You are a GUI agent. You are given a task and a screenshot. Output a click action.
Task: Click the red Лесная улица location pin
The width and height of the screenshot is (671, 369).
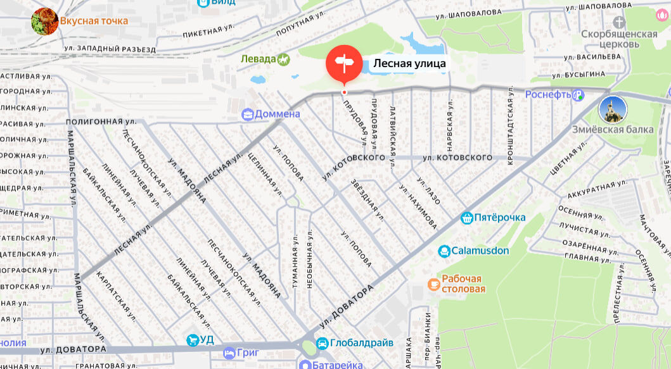tap(344, 64)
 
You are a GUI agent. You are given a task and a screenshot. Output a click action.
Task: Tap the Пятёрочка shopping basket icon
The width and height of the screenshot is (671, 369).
tap(467, 218)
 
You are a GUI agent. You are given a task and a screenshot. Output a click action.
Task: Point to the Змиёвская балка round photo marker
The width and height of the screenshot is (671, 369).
tap(613, 109)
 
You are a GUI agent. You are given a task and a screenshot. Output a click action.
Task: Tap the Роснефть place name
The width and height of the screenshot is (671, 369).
tap(547, 95)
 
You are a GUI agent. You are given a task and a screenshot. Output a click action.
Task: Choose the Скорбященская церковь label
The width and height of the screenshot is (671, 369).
tap(619, 39)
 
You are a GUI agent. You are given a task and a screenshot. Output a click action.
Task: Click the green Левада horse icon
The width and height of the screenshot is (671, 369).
tap(283, 59)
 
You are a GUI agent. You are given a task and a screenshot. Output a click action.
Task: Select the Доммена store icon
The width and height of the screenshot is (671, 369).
tap(247, 115)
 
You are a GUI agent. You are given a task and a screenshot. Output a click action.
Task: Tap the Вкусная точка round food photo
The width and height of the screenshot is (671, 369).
tap(45, 21)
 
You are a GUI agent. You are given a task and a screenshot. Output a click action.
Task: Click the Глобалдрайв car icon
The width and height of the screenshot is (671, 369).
tap(322, 343)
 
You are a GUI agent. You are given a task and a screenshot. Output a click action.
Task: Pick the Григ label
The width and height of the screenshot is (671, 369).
tap(245, 352)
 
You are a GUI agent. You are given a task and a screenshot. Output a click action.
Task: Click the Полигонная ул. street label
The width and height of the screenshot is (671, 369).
tap(101, 121)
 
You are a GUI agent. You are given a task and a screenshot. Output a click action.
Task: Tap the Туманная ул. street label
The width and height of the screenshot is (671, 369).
tap(295, 260)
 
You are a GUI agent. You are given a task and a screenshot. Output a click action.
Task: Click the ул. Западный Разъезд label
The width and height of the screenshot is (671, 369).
tap(110, 49)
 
